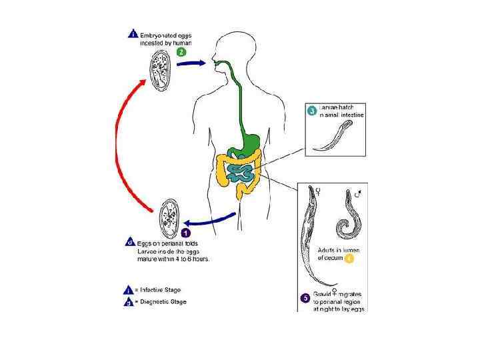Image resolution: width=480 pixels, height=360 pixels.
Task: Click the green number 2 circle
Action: coord(181,52)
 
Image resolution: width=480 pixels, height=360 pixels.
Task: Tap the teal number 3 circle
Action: coord(311,112)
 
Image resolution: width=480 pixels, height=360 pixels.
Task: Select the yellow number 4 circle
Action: coord(349,258)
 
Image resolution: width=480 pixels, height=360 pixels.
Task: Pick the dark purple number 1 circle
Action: coord(187,233)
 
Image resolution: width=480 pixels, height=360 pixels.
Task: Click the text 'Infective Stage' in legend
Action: coord(159,290)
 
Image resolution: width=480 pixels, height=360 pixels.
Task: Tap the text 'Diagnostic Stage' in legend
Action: coord(161,302)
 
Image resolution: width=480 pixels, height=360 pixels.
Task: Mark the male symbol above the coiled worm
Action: coord(359,195)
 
